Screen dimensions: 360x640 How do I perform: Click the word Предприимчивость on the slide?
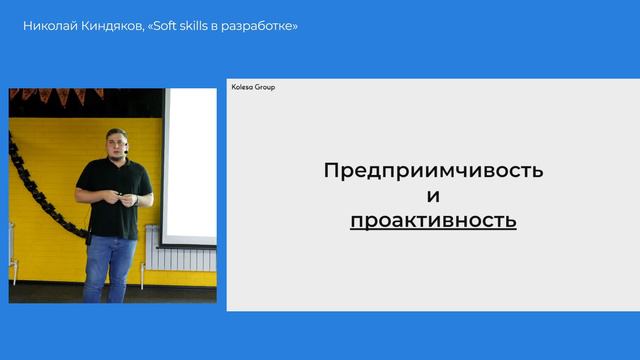pos(433,170)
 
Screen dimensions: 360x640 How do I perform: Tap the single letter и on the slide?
pos(433,195)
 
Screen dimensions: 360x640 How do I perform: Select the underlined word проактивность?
pos(433,220)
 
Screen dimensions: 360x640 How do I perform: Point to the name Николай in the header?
pos(49,24)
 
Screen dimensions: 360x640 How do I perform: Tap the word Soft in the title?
pos(181,24)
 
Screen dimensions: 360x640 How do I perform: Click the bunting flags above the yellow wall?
pos(60,97)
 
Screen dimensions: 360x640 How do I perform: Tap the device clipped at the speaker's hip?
pos(89,238)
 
